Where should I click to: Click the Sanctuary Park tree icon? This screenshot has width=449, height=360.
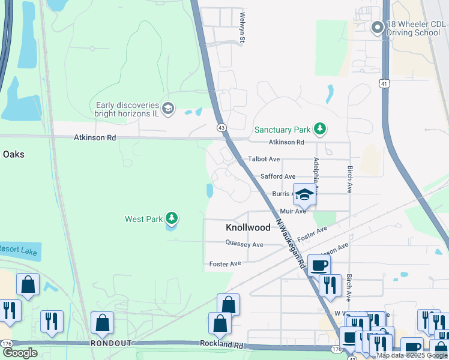point(321,129)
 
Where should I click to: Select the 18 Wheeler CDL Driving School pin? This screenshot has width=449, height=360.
point(377,28)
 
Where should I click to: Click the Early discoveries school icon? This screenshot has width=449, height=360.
point(169,108)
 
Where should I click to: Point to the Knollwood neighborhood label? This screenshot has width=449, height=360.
point(248,228)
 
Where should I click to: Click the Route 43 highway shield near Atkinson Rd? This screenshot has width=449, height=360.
point(221,128)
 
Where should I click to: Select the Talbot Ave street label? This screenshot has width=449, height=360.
point(264,159)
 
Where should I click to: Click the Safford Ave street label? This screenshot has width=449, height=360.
point(277,176)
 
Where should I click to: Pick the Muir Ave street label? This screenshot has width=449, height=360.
point(293,211)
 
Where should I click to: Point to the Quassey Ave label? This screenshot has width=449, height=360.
point(244,244)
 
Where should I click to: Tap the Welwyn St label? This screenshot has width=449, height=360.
point(243,28)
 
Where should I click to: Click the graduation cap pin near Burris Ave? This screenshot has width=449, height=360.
point(304,194)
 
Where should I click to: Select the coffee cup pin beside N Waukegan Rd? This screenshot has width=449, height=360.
point(319,265)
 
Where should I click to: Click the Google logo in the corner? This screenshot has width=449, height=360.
point(20,353)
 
